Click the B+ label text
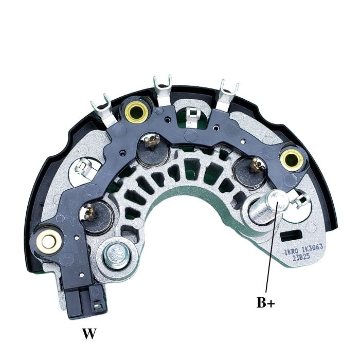[x=266, y=302]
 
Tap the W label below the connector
[x=89, y=334]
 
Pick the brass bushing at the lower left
[x=49, y=239]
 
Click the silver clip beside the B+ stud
[x=298, y=196]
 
